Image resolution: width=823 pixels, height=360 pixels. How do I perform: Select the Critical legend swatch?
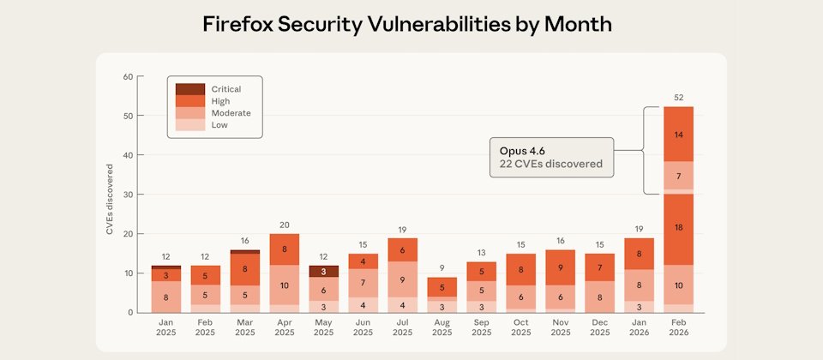click(190, 89)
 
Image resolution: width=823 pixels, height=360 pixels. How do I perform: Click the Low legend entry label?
click(220, 125)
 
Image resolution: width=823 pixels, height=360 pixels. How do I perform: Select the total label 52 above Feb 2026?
click(678, 98)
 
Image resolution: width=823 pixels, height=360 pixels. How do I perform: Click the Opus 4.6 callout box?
click(551, 157)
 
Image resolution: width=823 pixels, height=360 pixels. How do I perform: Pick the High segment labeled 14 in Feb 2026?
click(678, 135)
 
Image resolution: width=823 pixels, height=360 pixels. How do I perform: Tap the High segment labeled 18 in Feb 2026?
click(678, 227)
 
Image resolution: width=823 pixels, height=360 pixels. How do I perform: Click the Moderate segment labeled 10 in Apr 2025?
click(284, 285)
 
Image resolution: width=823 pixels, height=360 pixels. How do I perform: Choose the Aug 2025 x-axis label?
click(442, 327)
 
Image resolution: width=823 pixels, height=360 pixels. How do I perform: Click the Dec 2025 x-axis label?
click(599, 327)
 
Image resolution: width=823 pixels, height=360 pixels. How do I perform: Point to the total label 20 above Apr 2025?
click(284, 225)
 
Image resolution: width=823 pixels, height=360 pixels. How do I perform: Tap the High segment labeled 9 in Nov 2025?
click(560, 267)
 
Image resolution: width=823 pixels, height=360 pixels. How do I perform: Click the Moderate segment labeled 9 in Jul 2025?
click(402, 279)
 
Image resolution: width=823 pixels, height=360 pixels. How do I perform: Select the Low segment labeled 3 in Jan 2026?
click(639, 306)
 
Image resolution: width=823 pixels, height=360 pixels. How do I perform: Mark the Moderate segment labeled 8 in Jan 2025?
click(165, 297)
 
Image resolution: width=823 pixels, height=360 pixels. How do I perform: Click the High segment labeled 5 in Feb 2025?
click(205, 275)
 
